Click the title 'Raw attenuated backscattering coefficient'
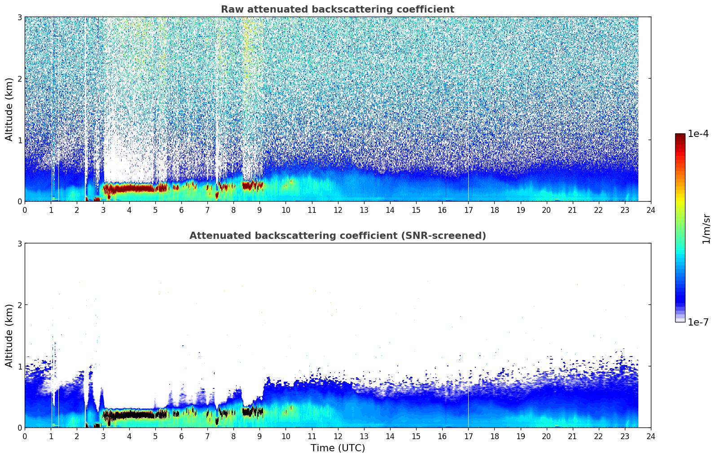tap(338, 9)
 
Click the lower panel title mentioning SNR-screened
tap(338, 235)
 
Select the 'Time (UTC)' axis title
tap(338, 448)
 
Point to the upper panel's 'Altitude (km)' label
tap(9, 109)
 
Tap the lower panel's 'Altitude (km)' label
tap(9, 335)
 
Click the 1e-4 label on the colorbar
tap(698, 134)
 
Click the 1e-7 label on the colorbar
tap(698, 322)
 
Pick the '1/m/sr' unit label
tap(706, 229)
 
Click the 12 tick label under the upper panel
tap(338, 210)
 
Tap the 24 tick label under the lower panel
tap(651, 436)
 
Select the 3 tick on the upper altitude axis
tap(19, 17)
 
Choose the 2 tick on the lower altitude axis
tap(19, 305)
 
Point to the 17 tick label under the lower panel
tap(468, 436)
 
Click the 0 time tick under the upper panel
tap(25, 210)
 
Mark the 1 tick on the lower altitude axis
tap(19, 366)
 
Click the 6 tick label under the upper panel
tap(181, 210)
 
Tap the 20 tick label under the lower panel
tap(547, 436)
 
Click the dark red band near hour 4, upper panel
tap(129, 188)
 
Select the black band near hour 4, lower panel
tap(129, 415)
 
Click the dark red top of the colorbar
tap(680, 136)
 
